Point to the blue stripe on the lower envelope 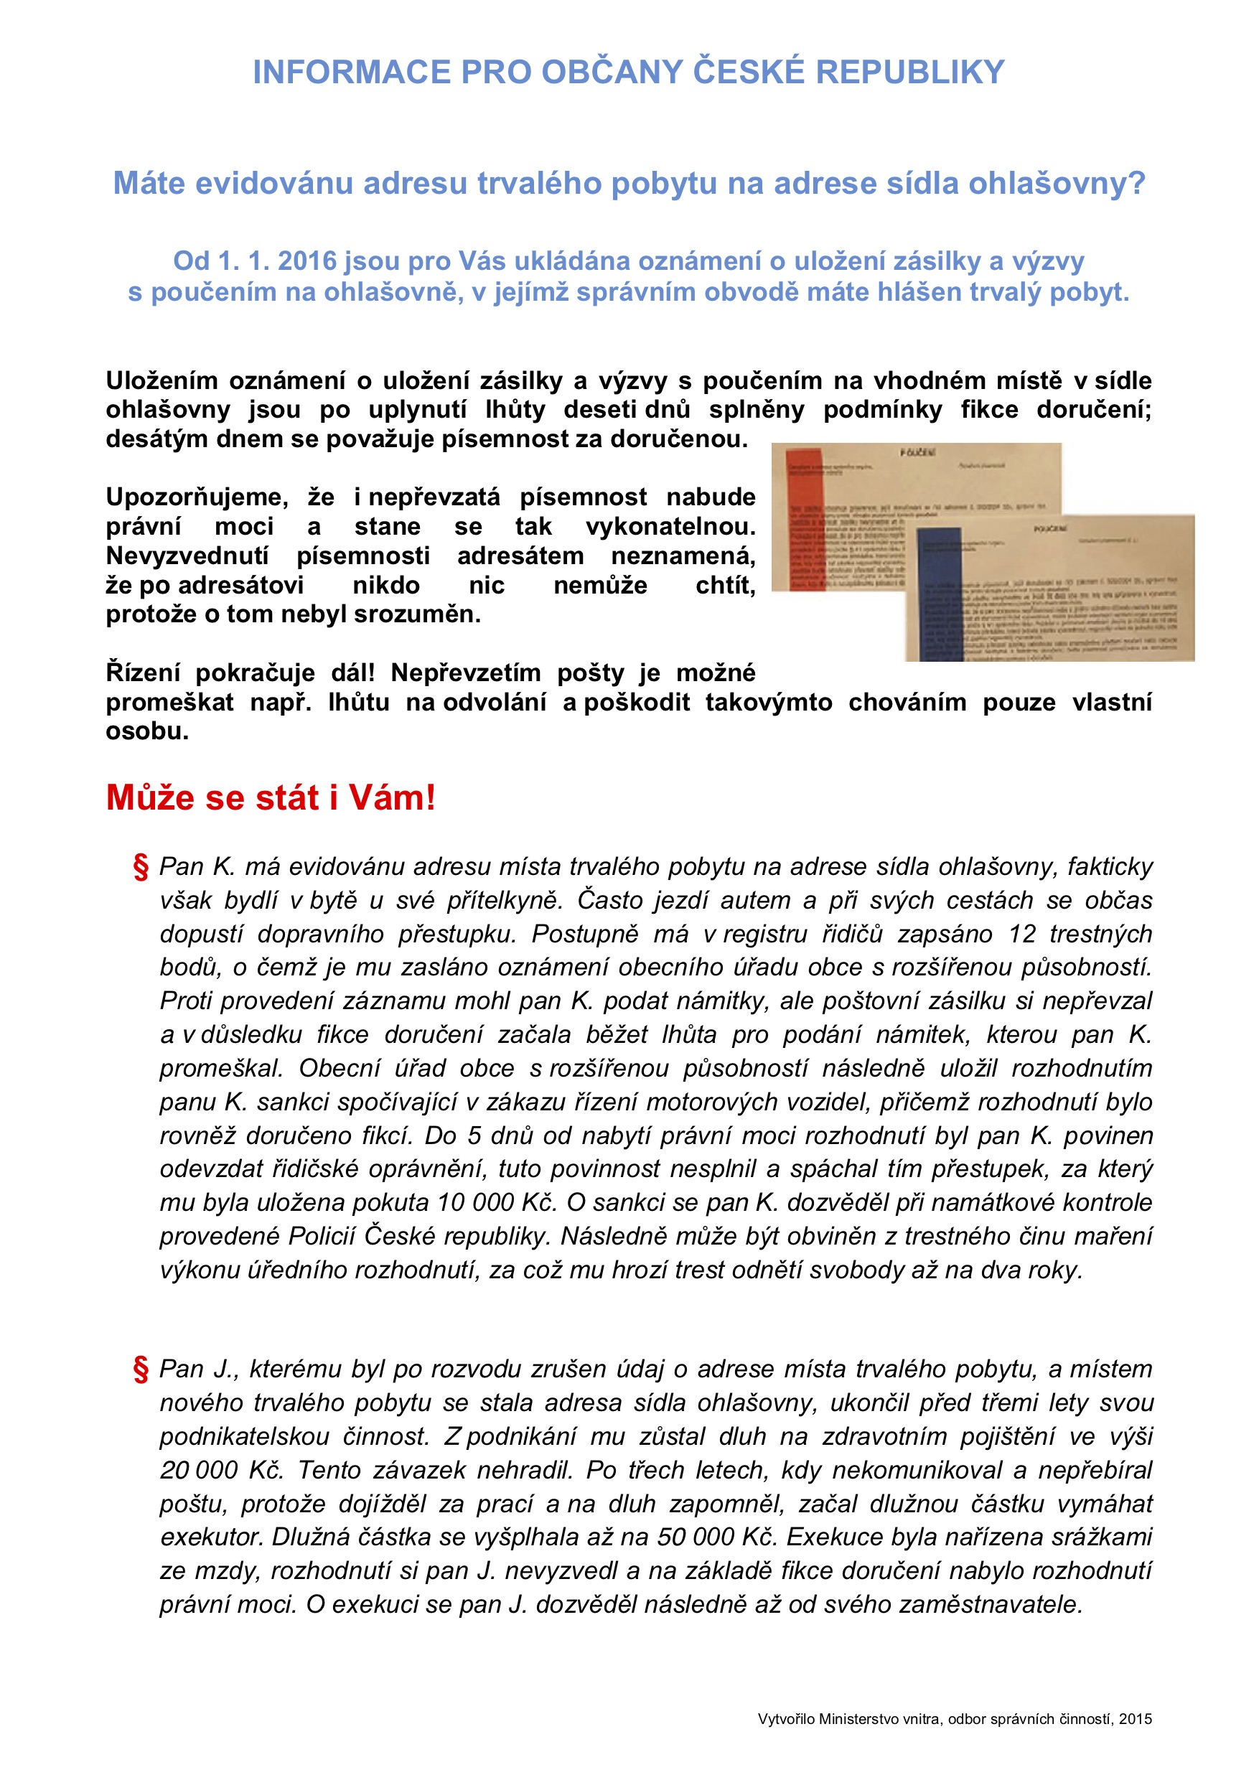click(x=939, y=593)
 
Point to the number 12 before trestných click(x=1023, y=934)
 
